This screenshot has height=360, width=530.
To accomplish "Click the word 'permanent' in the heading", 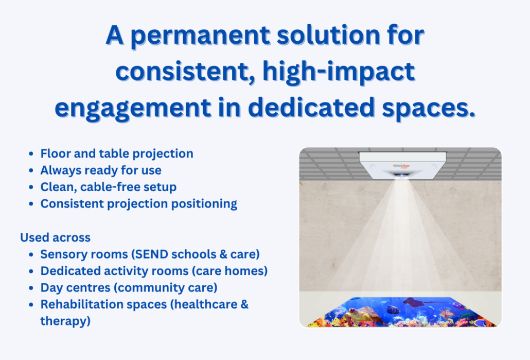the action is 201,36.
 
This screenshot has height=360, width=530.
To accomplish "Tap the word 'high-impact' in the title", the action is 339,72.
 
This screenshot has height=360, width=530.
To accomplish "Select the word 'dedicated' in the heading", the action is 311,107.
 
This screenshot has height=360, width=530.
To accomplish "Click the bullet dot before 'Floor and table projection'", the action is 31,154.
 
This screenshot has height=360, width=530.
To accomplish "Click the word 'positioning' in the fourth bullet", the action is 204,204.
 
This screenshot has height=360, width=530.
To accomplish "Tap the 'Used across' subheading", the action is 56,237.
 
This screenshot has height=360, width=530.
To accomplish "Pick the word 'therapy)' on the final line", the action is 65,321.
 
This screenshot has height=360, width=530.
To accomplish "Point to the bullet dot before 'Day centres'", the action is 31,288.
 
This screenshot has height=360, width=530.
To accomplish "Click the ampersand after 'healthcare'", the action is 244,304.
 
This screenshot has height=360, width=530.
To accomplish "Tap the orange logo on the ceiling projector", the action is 401,166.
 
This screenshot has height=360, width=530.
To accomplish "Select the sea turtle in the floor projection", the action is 362,315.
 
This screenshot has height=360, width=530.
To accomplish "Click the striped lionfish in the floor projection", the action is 446,314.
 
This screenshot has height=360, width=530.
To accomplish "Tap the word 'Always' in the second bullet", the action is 58,170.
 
